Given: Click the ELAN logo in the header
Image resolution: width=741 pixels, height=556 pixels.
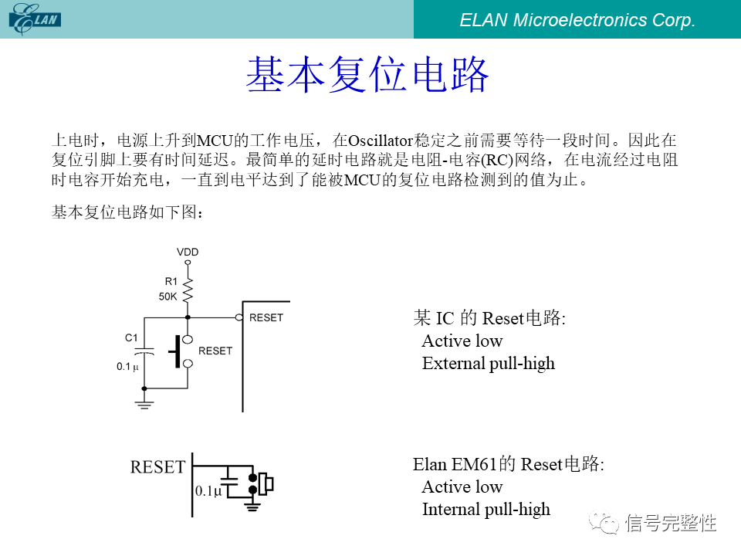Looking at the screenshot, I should [x=36, y=19].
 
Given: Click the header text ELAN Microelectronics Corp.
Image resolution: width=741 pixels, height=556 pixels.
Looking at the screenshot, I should [x=577, y=21].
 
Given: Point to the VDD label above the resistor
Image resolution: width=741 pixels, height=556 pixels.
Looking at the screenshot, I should [x=188, y=253].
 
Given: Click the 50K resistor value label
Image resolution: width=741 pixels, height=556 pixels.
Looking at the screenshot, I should [x=168, y=297].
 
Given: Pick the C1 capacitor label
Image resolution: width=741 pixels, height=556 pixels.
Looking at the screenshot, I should [x=131, y=337].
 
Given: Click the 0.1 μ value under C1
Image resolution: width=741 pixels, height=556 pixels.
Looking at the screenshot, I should [x=128, y=367].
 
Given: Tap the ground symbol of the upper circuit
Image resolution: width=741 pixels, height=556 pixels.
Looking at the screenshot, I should [x=144, y=402].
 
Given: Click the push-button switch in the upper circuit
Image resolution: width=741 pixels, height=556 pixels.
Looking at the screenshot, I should [x=182, y=351].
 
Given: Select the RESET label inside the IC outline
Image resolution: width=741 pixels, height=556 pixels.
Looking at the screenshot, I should [x=266, y=317].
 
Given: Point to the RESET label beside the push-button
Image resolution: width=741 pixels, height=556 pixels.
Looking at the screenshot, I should [x=215, y=351].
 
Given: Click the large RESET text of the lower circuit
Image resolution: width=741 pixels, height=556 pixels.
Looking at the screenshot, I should [x=157, y=467].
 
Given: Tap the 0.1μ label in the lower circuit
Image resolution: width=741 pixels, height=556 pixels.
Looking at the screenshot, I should [x=208, y=490].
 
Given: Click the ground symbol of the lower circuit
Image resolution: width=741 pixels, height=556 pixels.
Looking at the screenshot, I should [x=252, y=506].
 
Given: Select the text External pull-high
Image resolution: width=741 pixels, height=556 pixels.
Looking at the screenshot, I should [x=488, y=363].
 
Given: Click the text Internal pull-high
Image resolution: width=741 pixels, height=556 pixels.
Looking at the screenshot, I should [x=486, y=509].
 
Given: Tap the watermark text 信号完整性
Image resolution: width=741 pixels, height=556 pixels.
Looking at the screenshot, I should [x=671, y=523].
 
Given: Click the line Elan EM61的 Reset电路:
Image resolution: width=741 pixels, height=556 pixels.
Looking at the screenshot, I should [x=508, y=464].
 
